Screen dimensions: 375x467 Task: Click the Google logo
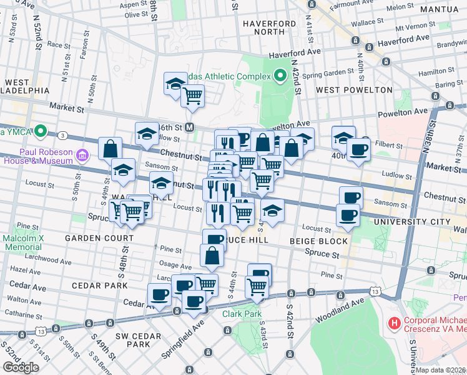[x=21, y=367]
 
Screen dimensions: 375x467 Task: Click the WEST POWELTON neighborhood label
[x=354, y=89]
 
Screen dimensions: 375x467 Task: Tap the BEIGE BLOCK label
[x=318, y=241]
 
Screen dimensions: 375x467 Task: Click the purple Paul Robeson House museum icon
[x=82, y=154]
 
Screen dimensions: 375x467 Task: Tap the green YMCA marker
[x=41, y=131]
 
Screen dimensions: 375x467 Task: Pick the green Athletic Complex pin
[x=280, y=76]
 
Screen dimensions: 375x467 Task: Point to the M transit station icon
[x=190, y=127]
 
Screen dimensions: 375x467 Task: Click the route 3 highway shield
[x=63, y=135]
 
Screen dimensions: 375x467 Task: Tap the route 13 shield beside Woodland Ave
[x=375, y=292]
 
